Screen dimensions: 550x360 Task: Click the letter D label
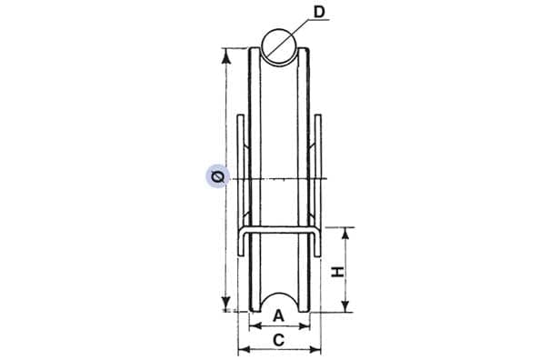(319, 13)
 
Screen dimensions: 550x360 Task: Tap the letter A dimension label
(278, 316)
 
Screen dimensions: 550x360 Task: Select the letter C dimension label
(278, 340)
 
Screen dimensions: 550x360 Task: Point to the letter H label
(338, 271)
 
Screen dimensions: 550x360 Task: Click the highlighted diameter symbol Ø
(218, 176)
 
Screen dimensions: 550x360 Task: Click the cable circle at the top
(279, 46)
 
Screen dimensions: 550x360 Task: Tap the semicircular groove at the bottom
(279, 302)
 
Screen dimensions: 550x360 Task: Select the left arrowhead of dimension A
(254, 326)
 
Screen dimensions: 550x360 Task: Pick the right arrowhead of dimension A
(305, 326)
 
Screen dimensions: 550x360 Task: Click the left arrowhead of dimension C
(243, 349)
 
